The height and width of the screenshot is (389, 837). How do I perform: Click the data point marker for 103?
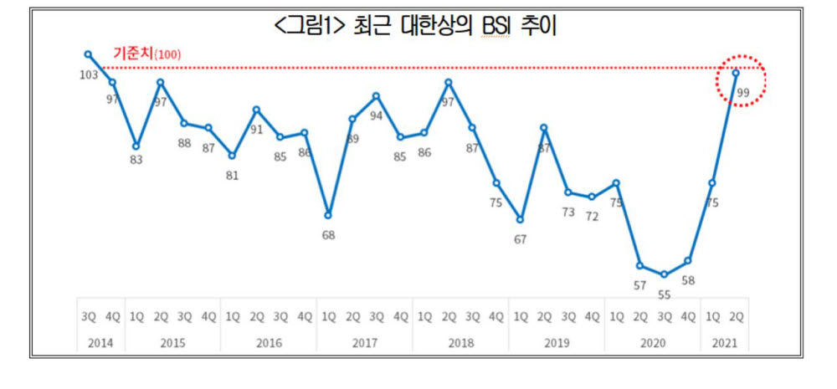88,55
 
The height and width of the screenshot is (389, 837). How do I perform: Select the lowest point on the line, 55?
664,274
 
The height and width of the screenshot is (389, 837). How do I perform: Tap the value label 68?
328,235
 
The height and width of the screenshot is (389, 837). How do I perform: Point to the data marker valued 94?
376,96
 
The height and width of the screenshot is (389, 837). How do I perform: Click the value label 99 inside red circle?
742,93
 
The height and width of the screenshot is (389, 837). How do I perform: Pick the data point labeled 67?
520,220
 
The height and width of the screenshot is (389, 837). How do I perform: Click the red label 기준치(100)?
147,54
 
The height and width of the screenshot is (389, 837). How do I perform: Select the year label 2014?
100,343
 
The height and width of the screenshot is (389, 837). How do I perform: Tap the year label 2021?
724,343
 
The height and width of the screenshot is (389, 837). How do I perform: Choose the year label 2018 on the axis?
460,343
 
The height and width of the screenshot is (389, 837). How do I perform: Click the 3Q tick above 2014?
88,317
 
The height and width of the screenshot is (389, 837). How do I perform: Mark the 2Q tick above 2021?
737,317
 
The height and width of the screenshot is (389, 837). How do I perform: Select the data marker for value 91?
256,110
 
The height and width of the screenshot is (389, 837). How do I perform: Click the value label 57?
639,285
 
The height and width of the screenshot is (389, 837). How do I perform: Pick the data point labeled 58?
688,261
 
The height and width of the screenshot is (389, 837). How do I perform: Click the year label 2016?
269,343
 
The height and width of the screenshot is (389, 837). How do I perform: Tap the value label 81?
232,176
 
